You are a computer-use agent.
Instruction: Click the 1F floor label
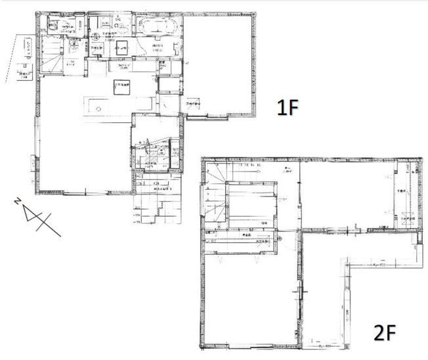288,107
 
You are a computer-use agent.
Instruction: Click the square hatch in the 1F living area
122,87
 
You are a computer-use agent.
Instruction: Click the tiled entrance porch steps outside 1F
158,204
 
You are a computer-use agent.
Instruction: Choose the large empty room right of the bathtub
218,62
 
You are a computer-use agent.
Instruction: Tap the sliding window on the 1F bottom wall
85,192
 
